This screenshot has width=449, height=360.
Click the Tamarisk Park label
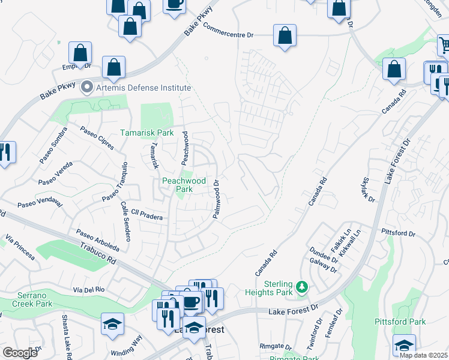(147, 133)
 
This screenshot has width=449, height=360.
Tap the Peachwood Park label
(184, 185)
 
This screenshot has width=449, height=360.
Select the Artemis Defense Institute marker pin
(87, 88)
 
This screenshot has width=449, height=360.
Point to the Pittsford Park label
(400, 322)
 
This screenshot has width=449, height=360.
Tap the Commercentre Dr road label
(228, 31)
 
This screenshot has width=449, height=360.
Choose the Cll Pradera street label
(147, 216)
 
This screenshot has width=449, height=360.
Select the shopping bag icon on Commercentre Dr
(285, 35)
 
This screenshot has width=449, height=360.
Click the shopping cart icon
(444, 46)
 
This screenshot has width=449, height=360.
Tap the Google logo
(20, 353)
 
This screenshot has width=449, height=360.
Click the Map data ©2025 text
(424, 355)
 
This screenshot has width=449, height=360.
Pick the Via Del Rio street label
(89, 289)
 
